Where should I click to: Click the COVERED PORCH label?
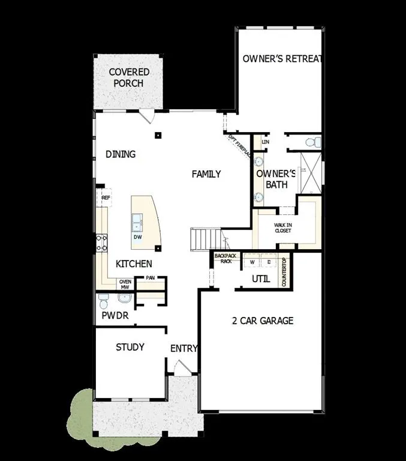129,78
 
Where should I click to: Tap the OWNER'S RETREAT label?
282,59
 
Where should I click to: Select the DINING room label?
121,154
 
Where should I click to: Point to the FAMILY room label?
206,174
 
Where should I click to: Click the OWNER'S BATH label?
273,179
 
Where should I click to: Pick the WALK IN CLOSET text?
283,227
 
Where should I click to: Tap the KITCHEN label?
134,264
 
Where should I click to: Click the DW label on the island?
137,237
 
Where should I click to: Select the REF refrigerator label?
106,197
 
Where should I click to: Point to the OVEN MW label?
125,285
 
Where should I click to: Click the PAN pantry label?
150,278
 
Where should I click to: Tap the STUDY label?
130,347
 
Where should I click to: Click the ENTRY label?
184,348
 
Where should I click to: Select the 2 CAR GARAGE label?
263,321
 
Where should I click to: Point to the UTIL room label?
261,279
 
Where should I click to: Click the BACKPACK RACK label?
225,259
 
